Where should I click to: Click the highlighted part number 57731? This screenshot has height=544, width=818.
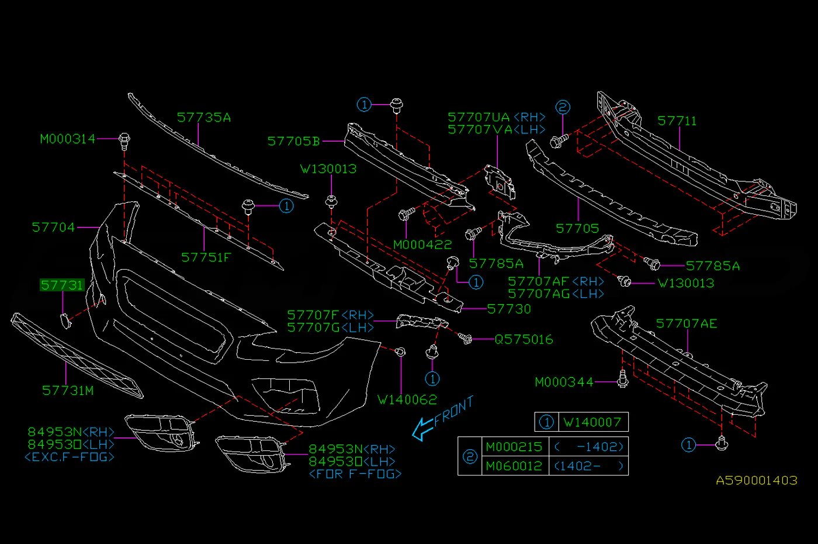(62, 285)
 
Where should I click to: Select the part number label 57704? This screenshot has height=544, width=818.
(53, 228)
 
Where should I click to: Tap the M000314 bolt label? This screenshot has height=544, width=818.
(68, 139)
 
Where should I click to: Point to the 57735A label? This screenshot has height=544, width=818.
(204, 118)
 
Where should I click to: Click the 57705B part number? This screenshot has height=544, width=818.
(293, 141)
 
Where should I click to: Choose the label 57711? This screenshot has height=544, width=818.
(677, 121)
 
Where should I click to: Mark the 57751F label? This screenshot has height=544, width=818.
(206, 257)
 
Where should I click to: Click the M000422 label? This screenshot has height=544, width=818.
(422, 245)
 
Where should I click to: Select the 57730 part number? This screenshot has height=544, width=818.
(509, 309)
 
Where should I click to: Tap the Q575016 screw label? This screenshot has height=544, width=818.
(524, 339)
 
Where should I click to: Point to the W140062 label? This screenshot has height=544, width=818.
(407, 400)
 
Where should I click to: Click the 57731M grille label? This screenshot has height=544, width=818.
(68, 391)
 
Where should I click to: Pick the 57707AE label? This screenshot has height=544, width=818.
(687, 323)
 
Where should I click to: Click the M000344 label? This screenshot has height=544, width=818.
(564, 382)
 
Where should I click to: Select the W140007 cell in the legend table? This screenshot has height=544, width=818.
(592, 422)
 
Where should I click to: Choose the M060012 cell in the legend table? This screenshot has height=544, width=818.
(515, 466)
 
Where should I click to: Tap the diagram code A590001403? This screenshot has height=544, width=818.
(757, 480)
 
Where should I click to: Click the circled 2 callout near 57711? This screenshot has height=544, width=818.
(563, 107)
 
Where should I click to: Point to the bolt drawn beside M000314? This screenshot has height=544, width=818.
(124, 142)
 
